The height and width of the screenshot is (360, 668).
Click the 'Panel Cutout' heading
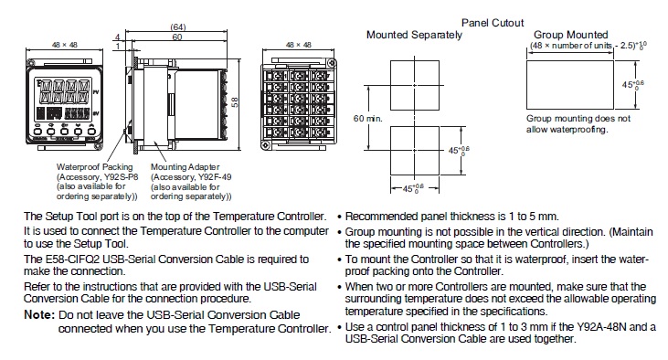493,23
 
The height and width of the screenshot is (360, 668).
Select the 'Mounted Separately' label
414,35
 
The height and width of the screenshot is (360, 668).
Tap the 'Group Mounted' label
570,35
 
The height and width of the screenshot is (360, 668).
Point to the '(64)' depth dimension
178,26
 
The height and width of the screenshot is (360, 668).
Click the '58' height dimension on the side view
235,102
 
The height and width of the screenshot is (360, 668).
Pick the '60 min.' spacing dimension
367,119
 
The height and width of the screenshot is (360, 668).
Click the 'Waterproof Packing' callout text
94,167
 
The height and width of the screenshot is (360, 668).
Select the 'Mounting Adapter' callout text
186,167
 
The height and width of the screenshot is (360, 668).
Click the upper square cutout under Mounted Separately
415,61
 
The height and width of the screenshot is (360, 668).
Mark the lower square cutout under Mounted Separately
415,126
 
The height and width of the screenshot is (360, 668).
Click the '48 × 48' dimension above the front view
65,45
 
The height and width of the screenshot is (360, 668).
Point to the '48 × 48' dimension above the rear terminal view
298,45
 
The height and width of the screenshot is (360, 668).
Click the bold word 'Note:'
39,315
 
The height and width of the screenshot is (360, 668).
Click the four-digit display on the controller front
65,91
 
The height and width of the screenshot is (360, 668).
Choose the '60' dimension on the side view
177,37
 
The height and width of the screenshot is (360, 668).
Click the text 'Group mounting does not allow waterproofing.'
578,124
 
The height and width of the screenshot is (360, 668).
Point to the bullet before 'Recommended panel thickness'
340,217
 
